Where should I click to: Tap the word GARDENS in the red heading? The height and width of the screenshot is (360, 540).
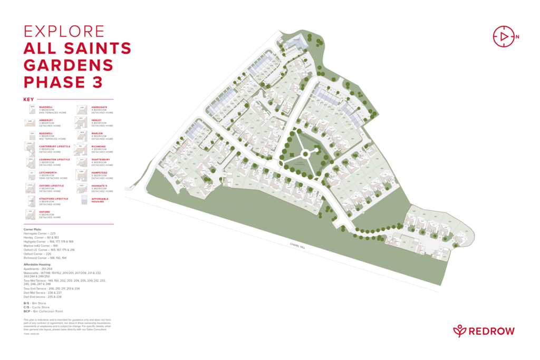(x=69, y=65)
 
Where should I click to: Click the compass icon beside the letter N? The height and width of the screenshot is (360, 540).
(x=503, y=36)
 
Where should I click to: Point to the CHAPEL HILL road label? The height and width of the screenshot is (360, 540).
(x=297, y=246)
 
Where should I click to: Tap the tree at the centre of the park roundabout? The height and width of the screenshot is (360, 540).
(x=304, y=154)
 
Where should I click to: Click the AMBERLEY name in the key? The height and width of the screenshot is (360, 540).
(x=45, y=120)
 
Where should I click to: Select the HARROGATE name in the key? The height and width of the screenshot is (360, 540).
(x=100, y=107)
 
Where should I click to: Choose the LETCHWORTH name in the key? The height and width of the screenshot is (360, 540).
(x=48, y=172)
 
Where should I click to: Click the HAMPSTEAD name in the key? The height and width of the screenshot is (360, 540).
(x=100, y=172)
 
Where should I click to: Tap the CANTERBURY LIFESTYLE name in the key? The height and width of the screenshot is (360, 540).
(x=54, y=146)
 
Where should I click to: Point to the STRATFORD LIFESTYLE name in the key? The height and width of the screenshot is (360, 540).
(x=53, y=199)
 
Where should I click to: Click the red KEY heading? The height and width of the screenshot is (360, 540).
(x=28, y=100)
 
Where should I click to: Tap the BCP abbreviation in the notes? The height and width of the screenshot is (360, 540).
(x=26, y=311)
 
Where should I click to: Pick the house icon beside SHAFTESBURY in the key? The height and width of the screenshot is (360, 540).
(x=81, y=161)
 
